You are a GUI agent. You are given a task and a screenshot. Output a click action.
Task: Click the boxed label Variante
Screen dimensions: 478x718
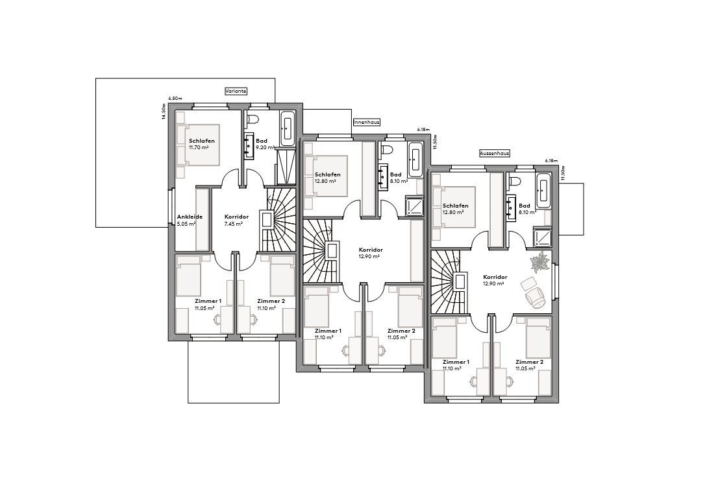point(236,91)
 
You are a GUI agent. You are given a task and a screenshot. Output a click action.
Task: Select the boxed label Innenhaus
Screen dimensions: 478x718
point(366,121)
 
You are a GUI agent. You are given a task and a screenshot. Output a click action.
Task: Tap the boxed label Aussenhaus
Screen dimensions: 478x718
point(494,154)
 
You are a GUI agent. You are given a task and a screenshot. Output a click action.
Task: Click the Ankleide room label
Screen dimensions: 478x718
point(190,220)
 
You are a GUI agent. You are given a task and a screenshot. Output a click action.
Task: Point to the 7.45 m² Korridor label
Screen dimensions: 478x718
point(233,220)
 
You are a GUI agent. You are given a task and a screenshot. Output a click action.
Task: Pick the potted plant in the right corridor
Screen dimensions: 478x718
point(539,263)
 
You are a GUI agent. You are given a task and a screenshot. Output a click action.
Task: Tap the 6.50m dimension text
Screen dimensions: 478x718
point(175,98)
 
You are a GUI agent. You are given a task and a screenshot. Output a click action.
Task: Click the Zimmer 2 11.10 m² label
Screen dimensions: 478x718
point(271,305)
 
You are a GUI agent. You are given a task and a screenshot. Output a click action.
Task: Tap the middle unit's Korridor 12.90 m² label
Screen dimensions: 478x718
point(371,253)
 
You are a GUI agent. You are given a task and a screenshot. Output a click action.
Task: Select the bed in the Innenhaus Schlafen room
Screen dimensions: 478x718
point(327,176)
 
